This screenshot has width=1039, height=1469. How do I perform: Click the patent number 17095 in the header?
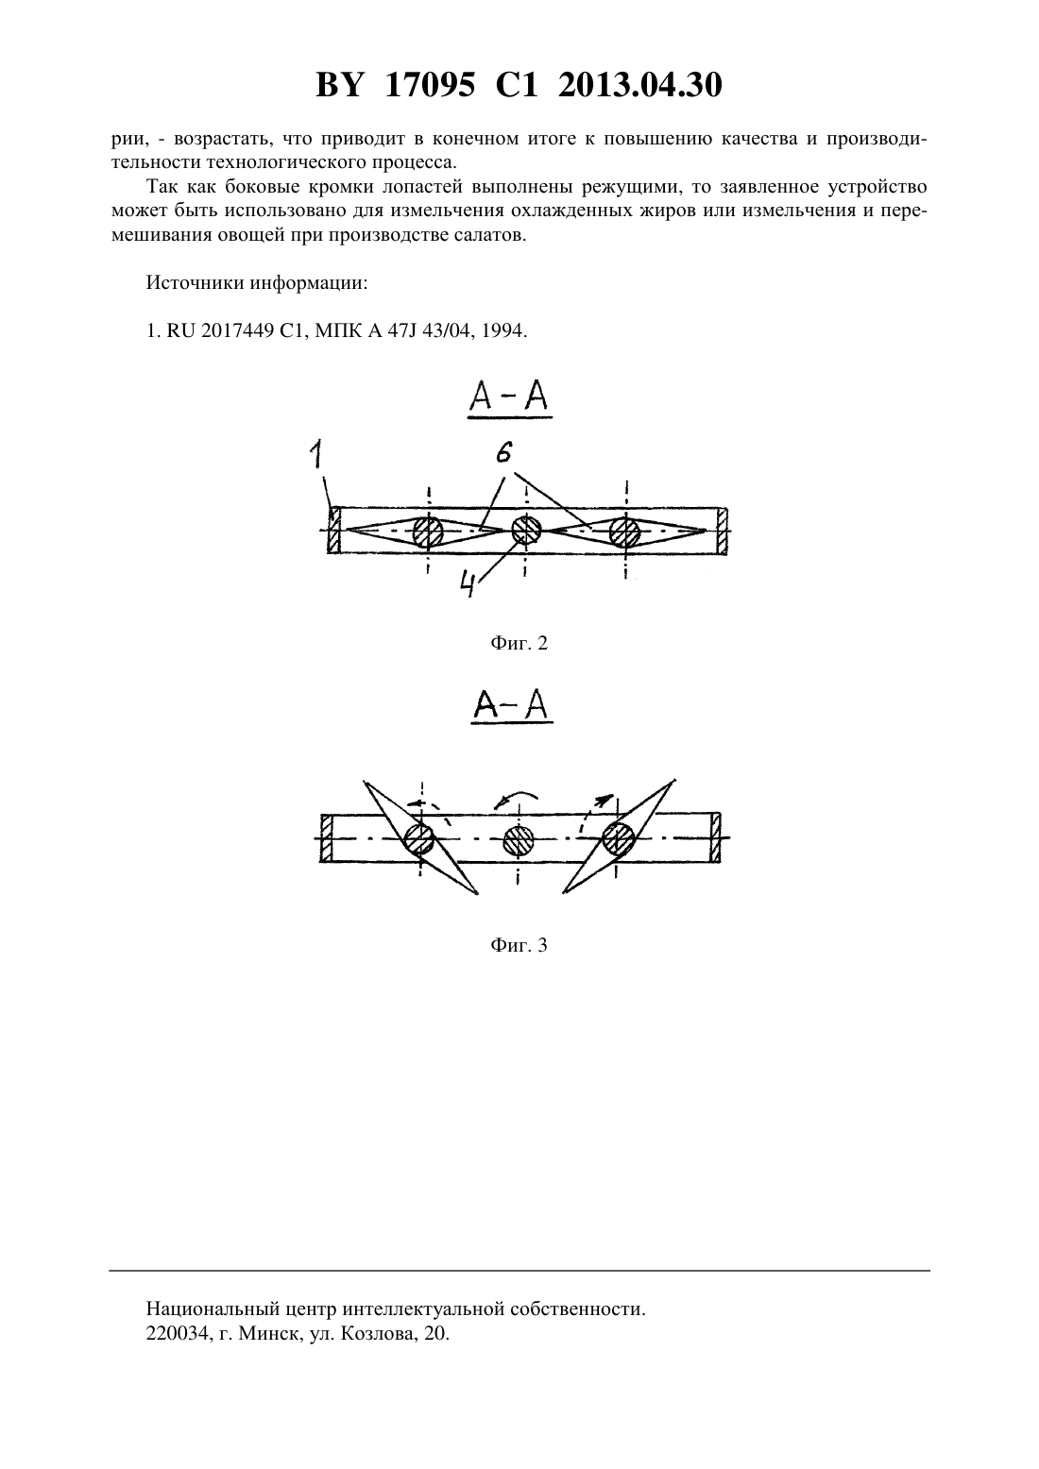pyautogui.click(x=430, y=85)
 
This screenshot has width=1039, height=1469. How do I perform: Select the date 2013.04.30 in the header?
pyautogui.click(x=639, y=85)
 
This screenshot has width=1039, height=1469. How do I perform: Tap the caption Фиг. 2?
pyautogui.click(x=519, y=643)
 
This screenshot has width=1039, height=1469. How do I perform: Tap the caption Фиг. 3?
pyautogui.click(x=519, y=945)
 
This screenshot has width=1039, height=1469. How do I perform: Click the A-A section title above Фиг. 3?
pyautogui.click(x=512, y=705)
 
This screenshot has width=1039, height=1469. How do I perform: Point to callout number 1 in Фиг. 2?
pyautogui.click(x=317, y=454)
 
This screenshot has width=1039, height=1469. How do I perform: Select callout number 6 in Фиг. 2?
pyautogui.click(x=503, y=452)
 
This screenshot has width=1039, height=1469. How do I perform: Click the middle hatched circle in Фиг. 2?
pyautogui.click(x=526, y=530)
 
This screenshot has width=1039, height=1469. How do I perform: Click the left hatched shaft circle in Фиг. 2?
pyautogui.click(x=428, y=532)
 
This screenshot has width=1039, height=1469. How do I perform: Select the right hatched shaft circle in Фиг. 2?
pyautogui.click(x=625, y=532)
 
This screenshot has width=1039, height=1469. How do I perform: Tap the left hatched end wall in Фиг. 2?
pyautogui.click(x=333, y=530)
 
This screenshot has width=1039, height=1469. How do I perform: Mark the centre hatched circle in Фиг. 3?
pyautogui.click(x=519, y=841)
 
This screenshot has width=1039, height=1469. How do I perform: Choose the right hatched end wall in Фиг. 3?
pyautogui.click(x=716, y=837)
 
